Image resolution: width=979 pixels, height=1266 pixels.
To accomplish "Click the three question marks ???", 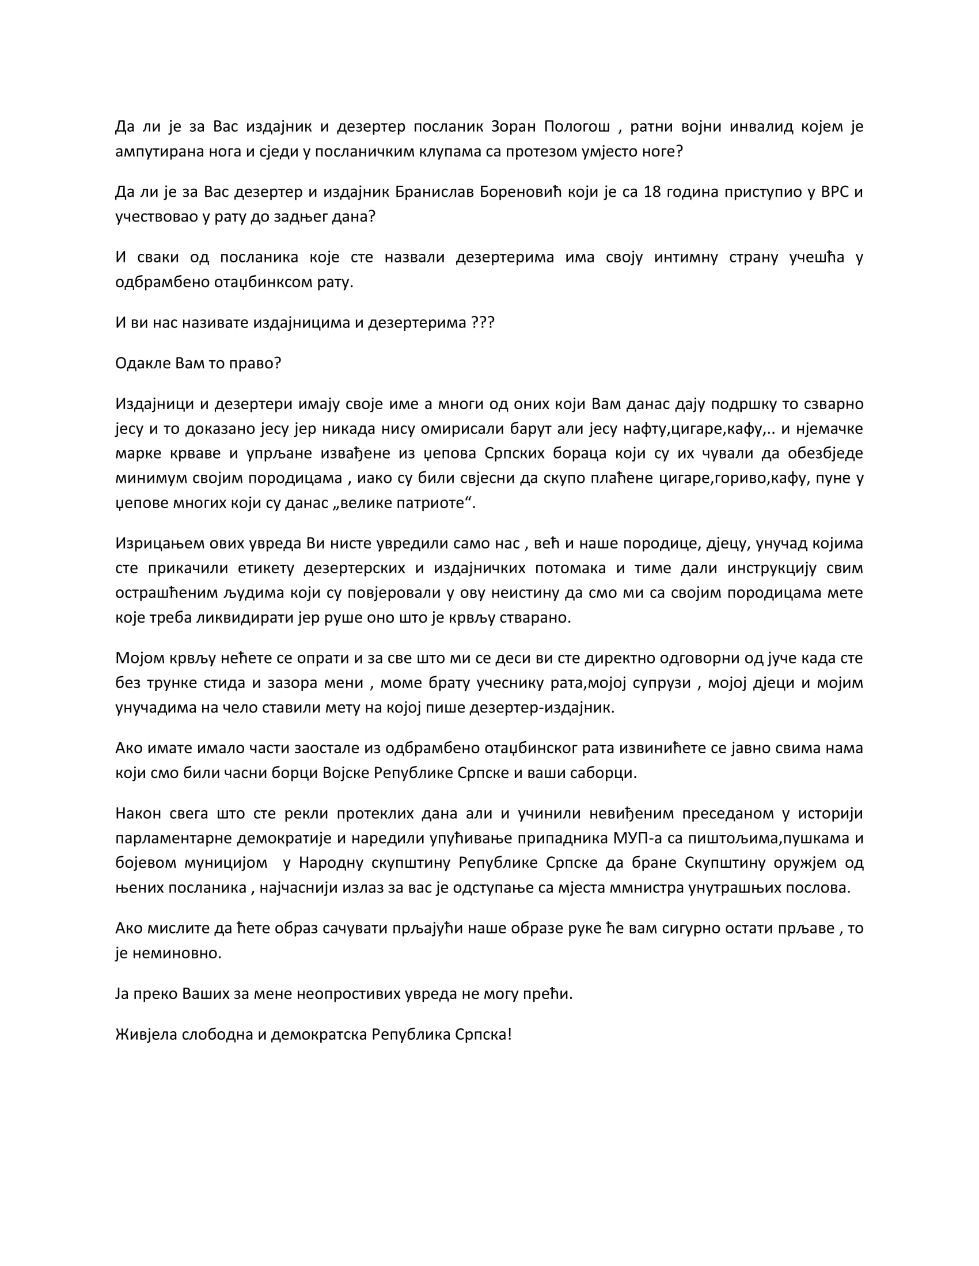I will [x=483, y=322].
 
